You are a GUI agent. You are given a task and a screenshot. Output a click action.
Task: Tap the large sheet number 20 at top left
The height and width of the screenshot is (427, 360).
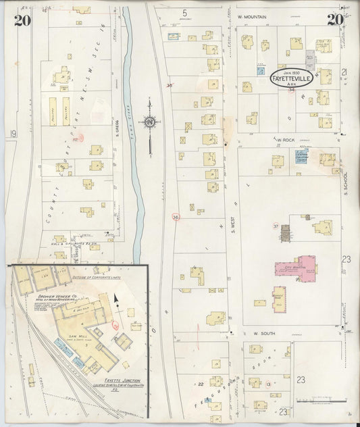tap(22, 20)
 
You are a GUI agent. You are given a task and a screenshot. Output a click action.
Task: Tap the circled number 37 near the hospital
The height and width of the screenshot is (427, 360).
tap(276, 225)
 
